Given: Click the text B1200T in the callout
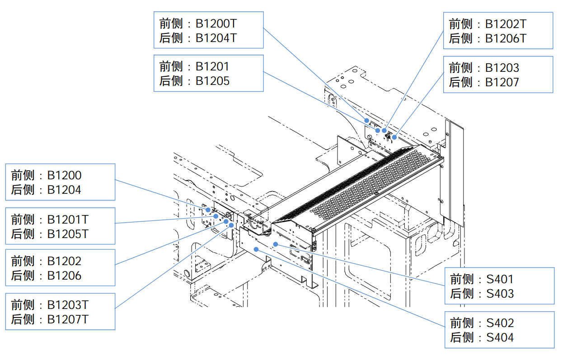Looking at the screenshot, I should tap(216, 23).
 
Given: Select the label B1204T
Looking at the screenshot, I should tap(216, 38).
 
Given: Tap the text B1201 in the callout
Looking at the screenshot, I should tap(212, 66).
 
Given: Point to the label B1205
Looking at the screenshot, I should tap(212, 81).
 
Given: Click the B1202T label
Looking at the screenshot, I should tap(506, 24).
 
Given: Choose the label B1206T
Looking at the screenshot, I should tap(506, 38).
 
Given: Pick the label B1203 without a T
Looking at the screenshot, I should tap(502, 68).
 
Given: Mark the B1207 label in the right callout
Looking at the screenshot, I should tap(502, 82).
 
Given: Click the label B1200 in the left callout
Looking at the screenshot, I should tap(64, 175).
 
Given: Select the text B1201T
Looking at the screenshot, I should tap(68, 220).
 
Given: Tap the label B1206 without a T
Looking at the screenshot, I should tap(64, 276).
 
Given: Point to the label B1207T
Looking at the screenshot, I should tap(68, 319).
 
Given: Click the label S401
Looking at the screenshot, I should tap(500, 279).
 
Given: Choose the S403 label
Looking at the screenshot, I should tap(500, 294).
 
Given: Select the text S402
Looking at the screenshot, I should tap(500, 323).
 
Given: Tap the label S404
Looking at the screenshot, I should tap(500, 337).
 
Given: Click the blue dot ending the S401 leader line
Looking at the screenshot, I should tap(276, 244).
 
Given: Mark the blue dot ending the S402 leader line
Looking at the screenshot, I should tap(256, 249).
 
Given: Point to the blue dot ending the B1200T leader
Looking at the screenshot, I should tap(367, 121).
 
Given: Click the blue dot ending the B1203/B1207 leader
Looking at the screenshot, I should tap(394, 137).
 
